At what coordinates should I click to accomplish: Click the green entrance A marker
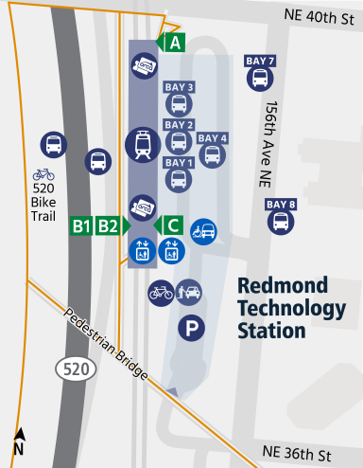[x=173, y=42]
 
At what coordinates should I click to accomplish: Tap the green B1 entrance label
[x=81, y=225]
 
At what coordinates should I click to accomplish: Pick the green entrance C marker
[x=172, y=225]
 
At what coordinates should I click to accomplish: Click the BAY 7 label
[x=260, y=62]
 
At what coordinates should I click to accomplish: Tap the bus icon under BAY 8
[x=281, y=222]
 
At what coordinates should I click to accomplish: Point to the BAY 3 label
[x=179, y=87]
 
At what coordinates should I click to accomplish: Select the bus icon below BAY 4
[x=212, y=155]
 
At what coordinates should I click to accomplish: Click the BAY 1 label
[x=179, y=162]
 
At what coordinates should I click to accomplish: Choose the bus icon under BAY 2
[x=179, y=142]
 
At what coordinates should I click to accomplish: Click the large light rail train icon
[x=143, y=145]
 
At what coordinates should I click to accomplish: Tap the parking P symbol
[x=193, y=330]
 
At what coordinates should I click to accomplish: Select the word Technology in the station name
[x=291, y=309]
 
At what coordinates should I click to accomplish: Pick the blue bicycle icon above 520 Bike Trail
[x=43, y=174]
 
